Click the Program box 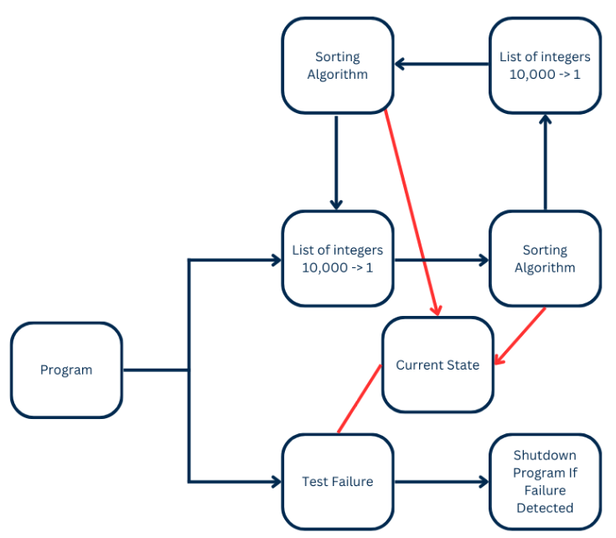pyautogui.click(x=66, y=370)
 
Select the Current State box pyautogui.click(x=437, y=365)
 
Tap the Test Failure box pyautogui.click(x=338, y=482)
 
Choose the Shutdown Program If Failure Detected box pyautogui.click(x=546, y=482)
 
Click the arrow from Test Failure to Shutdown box pyautogui.click(x=442, y=482)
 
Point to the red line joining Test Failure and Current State pyautogui.click(x=359, y=399)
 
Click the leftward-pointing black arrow pyautogui.click(x=442, y=64)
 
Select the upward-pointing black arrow pyautogui.click(x=546, y=163)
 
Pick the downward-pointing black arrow pyautogui.click(x=336, y=163)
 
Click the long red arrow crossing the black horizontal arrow pyautogui.click(x=411, y=213)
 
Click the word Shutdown pyautogui.click(x=545, y=455)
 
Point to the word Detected pyautogui.click(x=545, y=508)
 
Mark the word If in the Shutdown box pyautogui.click(x=573, y=473)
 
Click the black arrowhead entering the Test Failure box pyautogui.click(x=277, y=482)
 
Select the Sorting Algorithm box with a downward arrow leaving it pyautogui.click(x=338, y=65)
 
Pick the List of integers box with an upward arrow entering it pyautogui.click(x=546, y=65)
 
